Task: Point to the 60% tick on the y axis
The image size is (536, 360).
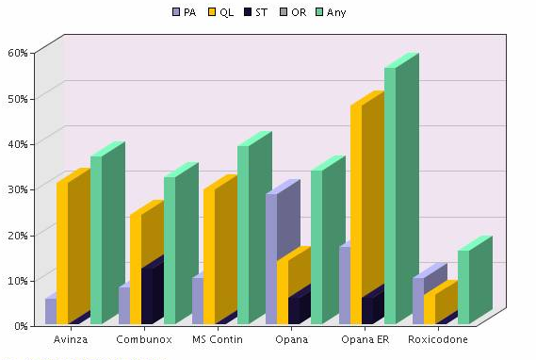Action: (17, 53)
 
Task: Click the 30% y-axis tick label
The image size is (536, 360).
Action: (17, 189)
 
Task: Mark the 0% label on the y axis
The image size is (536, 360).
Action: (20, 326)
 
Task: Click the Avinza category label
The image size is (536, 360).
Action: (72, 339)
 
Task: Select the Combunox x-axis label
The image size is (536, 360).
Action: (144, 339)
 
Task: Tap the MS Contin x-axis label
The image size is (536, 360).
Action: (218, 339)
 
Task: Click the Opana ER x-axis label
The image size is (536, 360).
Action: (365, 339)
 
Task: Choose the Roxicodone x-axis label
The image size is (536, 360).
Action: (438, 339)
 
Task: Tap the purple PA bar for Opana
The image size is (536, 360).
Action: (272, 254)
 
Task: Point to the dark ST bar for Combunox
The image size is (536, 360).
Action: (147, 296)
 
